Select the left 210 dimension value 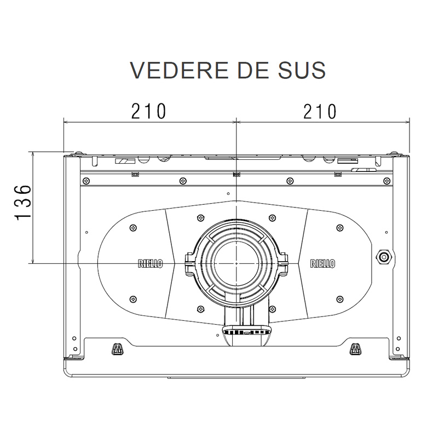148,111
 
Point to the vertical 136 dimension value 22,203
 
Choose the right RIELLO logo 322,263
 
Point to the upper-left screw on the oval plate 132,227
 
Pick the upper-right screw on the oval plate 339,227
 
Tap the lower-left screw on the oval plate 132,298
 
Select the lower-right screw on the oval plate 339,298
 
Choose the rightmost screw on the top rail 388,180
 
